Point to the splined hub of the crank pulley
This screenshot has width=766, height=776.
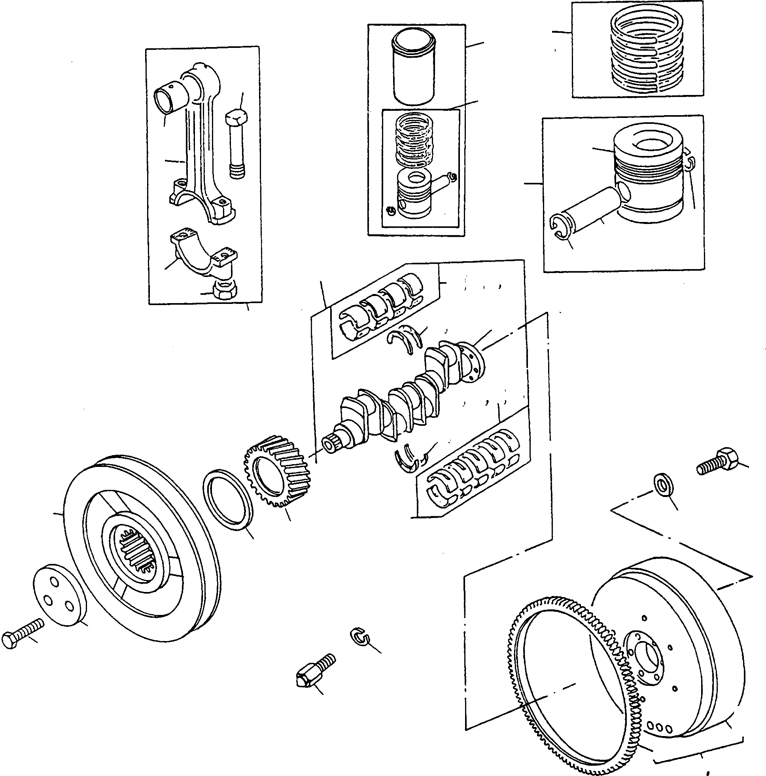[x=138, y=550]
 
